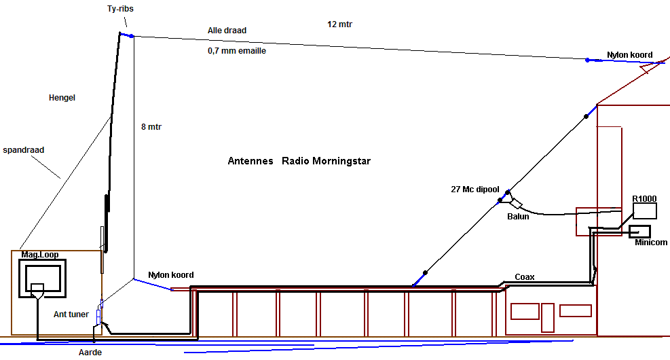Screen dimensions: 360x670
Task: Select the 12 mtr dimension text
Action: click(339, 24)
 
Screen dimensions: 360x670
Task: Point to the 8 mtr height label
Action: click(151, 126)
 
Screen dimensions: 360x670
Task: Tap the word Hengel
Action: click(62, 98)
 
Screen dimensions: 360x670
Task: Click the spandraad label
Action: click(24, 149)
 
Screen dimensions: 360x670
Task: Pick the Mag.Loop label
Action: click(40, 255)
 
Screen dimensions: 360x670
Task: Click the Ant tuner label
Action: click(71, 314)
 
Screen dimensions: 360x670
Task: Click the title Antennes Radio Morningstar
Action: click(299, 162)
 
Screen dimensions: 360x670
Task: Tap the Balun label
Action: click(518, 217)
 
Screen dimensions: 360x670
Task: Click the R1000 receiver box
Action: click(644, 211)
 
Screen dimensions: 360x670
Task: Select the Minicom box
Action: click(639, 231)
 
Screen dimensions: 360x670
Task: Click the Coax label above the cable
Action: click(525, 276)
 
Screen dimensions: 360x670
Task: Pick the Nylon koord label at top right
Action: click(629, 55)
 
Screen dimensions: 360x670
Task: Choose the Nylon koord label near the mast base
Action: click(171, 275)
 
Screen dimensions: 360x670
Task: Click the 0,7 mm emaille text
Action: click(237, 50)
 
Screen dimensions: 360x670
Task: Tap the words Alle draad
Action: click(227, 31)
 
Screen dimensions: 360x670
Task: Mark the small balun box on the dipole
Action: click(516, 204)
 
